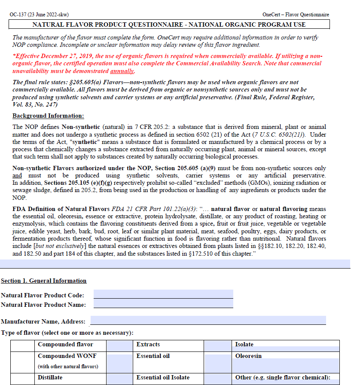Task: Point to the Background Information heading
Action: tap(48, 116)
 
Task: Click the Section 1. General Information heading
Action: tap(43, 281)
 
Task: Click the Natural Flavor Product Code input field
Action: tap(163, 294)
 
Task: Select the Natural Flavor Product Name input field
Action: tap(163, 304)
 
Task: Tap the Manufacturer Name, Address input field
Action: tap(208, 321)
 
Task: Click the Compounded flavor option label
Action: tap(65, 345)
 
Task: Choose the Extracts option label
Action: tap(148, 345)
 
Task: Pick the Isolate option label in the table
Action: tap(244, 345)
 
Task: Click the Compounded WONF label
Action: tap(67, 356)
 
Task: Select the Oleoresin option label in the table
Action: tap(248, 356)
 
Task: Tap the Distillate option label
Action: tap(50, 378)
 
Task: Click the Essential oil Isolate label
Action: tap(163, 378)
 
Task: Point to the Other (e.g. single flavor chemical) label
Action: tap(283, 378)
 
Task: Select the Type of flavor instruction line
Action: tap(67, 333)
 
